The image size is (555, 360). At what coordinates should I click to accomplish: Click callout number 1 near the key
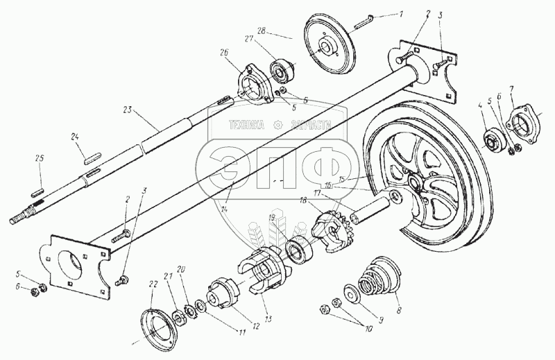pos(419,13)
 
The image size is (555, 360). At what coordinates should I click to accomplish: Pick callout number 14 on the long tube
pos(221,209)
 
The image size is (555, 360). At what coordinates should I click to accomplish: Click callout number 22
pos(151,284)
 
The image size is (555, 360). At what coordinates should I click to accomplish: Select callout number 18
pos(302,200)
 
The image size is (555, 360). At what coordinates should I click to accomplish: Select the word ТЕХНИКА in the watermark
pos(248,125)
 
